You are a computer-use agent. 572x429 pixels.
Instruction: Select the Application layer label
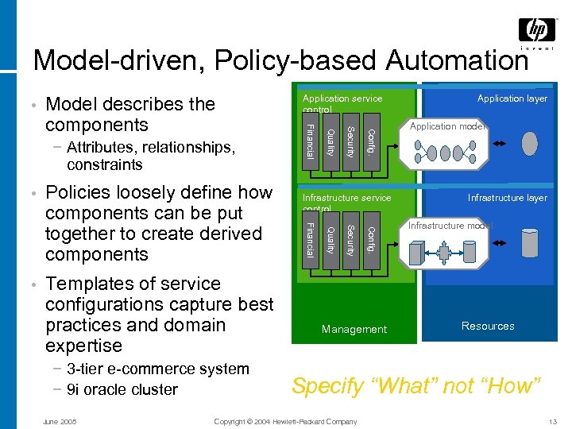coord(512,99)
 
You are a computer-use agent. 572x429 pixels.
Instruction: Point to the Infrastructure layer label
coord(507,198)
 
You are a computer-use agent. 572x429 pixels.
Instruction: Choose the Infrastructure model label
coord(450,226)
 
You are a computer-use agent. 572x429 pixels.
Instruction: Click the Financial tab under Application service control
coord(311,140)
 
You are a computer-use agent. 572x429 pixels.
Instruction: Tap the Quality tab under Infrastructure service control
coord(330,240)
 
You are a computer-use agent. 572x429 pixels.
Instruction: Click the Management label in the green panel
coord(354,329)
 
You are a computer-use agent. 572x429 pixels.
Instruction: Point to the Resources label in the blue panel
coord(488,326)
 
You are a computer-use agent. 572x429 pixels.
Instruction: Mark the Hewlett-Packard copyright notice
coord(286,421)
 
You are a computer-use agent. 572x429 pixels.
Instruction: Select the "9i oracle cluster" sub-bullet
coord(122,389)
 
